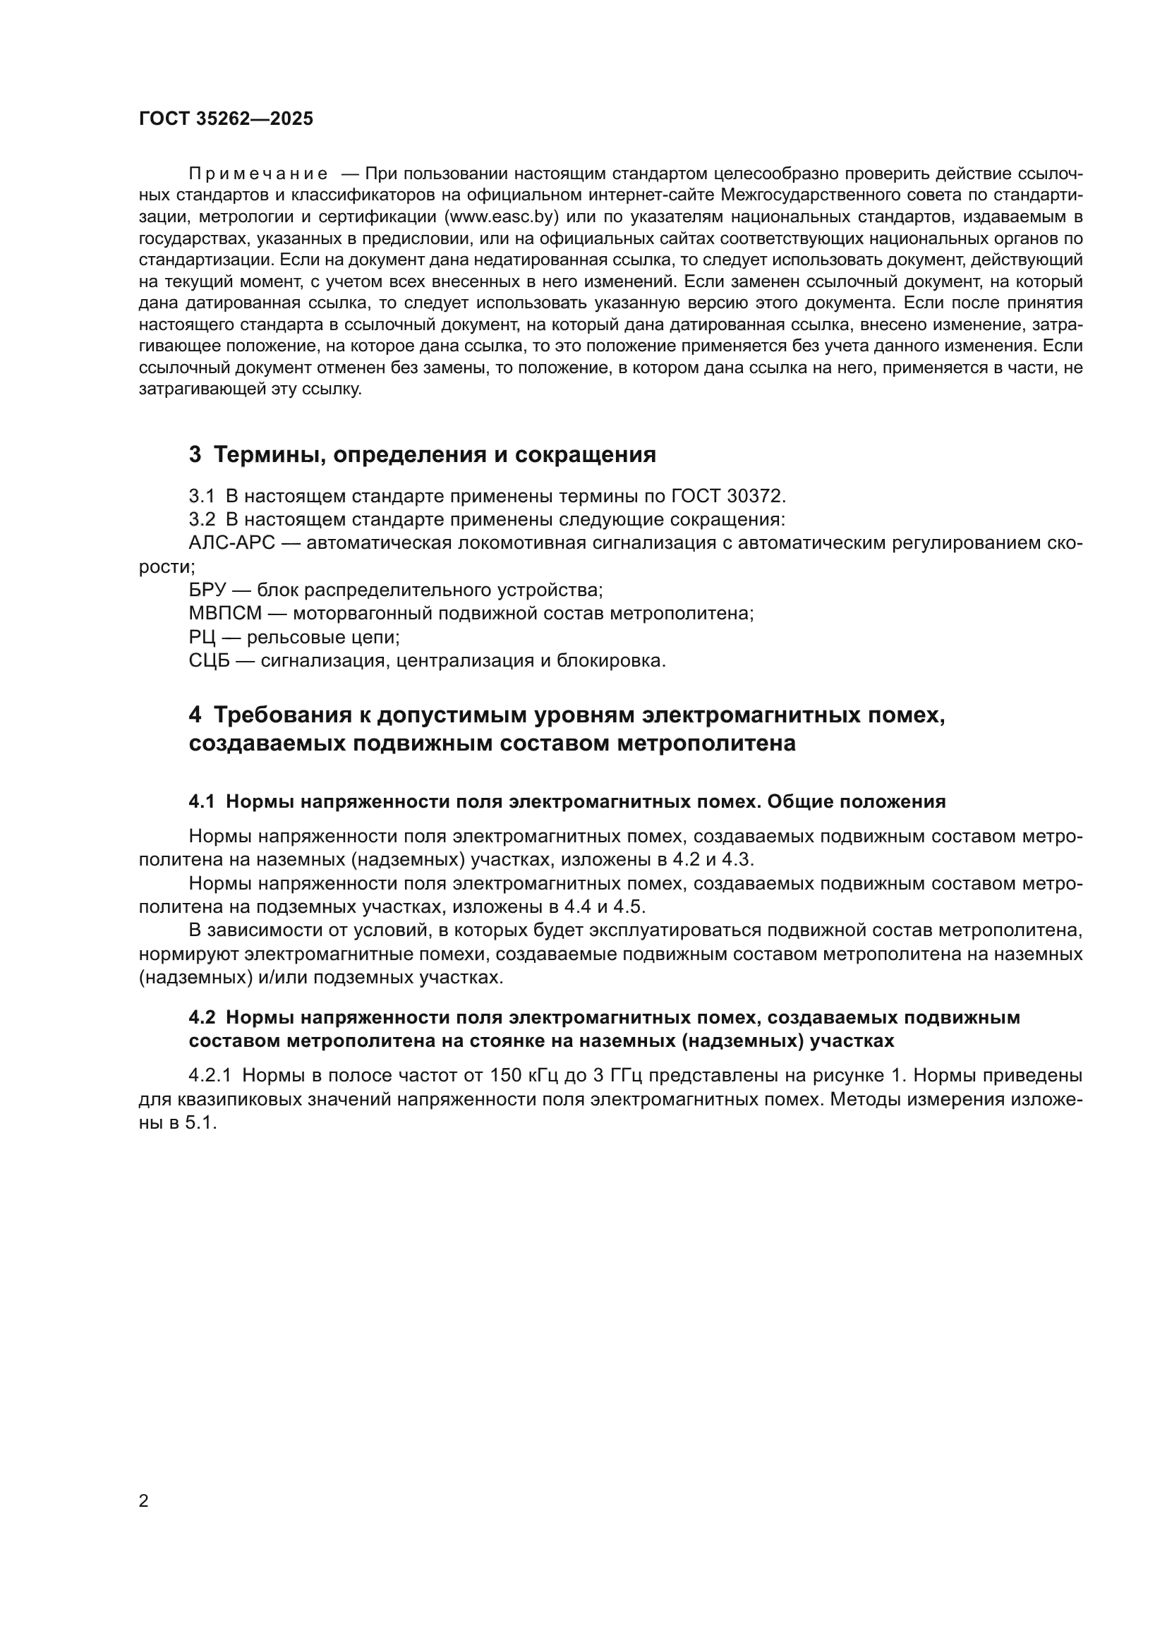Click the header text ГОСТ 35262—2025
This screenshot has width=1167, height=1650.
[x=226, y=119]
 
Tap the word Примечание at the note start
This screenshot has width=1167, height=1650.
[x=258, y=174]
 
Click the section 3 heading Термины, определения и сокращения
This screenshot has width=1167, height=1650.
[x=422, y=455]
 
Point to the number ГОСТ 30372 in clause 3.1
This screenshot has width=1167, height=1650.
[x=728, y=496]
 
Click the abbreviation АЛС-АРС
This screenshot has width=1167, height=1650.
[x=231, y=542]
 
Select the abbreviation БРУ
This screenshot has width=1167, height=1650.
[x=207, y=590]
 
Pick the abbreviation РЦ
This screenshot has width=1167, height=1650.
[x=202, y=638]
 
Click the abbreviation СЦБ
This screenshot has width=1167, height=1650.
[x=209, y=660]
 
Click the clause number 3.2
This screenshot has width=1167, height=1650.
[x=202, y=520]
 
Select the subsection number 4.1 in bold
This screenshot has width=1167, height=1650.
[x=202, y=802]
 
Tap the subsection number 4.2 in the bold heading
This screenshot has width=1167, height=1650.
[x=202, y=1018]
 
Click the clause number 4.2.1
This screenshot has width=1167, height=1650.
[x=210, y=1076]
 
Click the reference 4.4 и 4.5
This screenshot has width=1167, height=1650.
[x=605, y=907]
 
